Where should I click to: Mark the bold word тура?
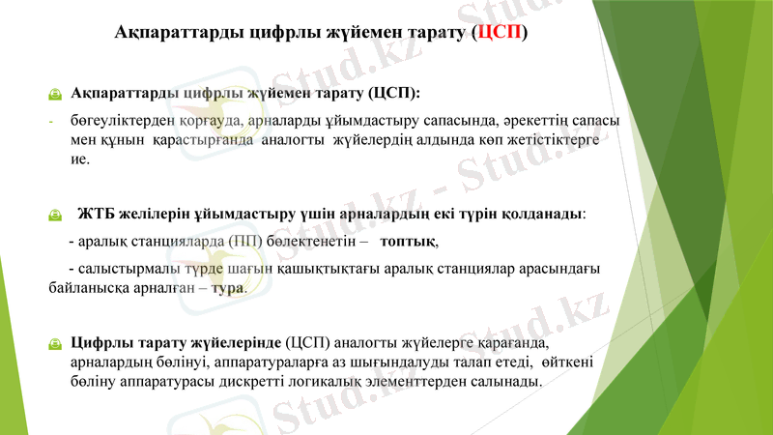coord(227,287)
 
